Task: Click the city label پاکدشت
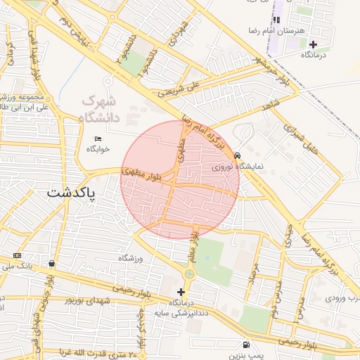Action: point(71,192)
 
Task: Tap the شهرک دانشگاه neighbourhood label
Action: point(101,109)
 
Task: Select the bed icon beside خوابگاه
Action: point(98,138)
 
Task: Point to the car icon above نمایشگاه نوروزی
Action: point(238,155)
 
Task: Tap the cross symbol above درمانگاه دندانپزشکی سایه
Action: point(181,291)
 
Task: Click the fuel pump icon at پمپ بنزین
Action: point(245,345)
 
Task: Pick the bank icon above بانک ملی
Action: point(17,255)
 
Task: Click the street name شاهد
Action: point(271,108)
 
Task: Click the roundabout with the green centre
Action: point(189,274)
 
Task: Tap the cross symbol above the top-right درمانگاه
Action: point(314,44)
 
